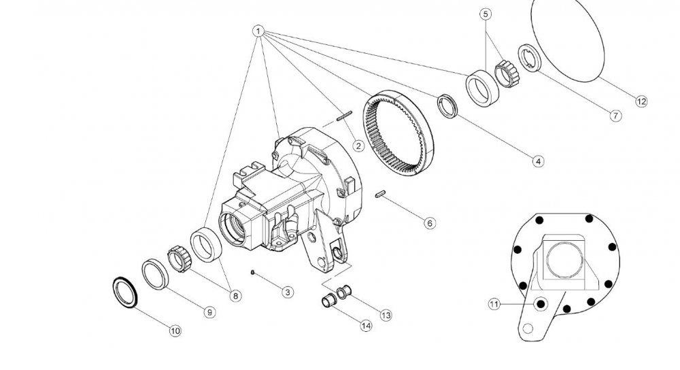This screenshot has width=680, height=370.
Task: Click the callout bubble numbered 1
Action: pyautogui.click(x=258, y=31)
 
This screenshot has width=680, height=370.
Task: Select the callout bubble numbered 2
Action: pyautogui.click(x=358, y=146)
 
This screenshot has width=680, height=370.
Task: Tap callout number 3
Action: pyautogui.click(x=288, y=292)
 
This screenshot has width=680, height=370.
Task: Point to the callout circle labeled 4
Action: pyautogui.click(x=538, y=161)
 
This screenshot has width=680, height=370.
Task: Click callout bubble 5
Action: pyautogui.click(x=486, y=14)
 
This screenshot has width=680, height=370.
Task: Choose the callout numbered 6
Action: pyautogui.click(x=430, y=223)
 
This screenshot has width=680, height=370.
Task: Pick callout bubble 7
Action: pyautogui.click(x=615, y=116)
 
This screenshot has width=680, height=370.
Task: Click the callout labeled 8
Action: pyautogui.click(x=235, y=296)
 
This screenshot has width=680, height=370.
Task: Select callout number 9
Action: pyautogui.click(x=209, y=312)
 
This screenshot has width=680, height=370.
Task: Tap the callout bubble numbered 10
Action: pyautogui.click(x=175, y=331)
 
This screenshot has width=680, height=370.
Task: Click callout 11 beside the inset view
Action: pyautogui.click(x=494, y=304)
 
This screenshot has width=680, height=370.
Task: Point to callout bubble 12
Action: pyautogui.click(x=641, y=101)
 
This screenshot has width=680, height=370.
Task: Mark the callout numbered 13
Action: pyautogui.click(x=386, y=316)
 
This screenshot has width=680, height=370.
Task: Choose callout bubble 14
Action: pyautogui.click(x=366, y=325)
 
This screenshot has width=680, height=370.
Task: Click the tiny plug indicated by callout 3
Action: pyautogui.click(x=252, y=272)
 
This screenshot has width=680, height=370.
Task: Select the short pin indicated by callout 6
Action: pyautogui.click(x=380, y=193)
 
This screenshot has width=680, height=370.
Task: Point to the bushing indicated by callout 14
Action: pyautogui.click(x=328, y=300)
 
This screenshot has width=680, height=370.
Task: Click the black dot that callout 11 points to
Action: pyautogui.click(x=541, y=304)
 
